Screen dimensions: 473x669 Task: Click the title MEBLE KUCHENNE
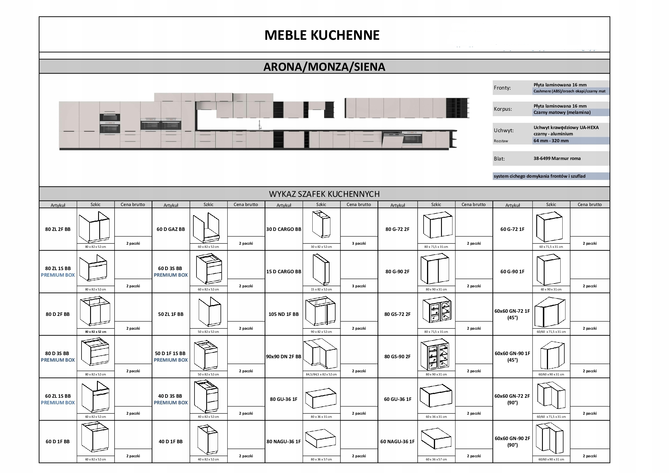[x=322, y=35]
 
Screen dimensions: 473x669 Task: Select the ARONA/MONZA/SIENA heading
[x=324, y=67]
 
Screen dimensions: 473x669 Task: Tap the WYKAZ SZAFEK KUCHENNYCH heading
[x=324, y=194]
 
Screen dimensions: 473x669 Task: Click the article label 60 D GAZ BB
[x=171, y=229]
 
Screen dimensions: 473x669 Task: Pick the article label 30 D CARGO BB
[x=283, y=229]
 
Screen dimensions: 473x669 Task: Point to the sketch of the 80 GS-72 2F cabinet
[x=436, y=311]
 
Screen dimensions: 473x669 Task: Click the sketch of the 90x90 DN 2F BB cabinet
[x=321, y=353]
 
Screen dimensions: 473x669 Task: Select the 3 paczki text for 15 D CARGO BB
[x=359, y=286]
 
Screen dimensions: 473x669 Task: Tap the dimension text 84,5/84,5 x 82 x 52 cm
[x=321, y=374]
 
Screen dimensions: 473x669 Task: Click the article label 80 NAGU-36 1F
[x=283, y=441]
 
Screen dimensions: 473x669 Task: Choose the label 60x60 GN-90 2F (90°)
[x=512, y=441]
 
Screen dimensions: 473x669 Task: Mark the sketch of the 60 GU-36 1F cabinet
[x=436, y=396]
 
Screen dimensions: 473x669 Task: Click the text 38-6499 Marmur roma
[x=557, y=159]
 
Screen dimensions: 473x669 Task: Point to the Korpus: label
[x=503, y=109]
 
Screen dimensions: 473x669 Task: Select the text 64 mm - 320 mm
[x=551, y=141]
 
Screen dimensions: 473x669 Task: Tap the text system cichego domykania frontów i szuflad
[x=539, y=176]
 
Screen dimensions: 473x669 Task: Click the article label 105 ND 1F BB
[x=283, y=314]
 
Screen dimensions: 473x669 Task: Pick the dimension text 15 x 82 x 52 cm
[x=321, y=289]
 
